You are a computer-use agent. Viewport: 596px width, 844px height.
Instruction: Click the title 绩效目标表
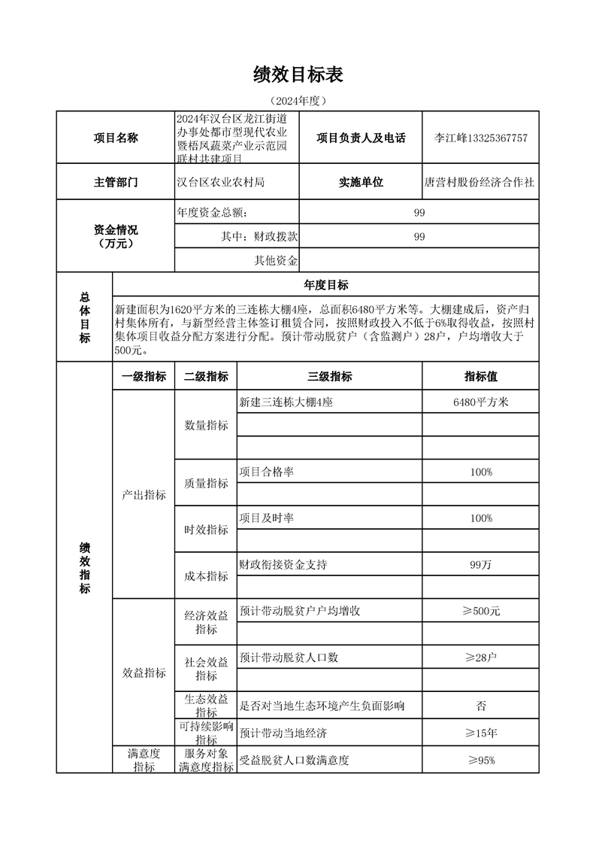pos(298,74)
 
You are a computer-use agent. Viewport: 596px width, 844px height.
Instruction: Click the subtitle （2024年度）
pos(298,101)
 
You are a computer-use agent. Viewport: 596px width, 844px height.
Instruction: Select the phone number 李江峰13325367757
pos(481,138)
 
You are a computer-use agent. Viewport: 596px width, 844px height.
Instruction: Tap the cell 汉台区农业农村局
pos(220,182)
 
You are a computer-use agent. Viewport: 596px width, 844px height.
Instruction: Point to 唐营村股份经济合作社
pos(480,182)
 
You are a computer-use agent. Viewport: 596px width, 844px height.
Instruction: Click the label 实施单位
pos(361,182)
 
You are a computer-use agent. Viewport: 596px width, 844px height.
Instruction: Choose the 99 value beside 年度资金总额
pos(419,213)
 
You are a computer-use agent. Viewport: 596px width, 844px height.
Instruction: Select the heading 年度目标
pos(325,285)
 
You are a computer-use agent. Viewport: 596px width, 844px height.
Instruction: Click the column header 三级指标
pos(329,377)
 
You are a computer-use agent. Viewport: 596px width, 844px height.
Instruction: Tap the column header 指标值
pos(481,377)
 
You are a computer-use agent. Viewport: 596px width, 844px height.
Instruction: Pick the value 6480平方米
pos(481,402)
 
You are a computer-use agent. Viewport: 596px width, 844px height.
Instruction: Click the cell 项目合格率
pos(266,472)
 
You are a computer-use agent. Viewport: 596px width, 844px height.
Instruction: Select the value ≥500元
pos(481,611)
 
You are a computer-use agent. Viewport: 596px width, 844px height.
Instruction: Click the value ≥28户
pos(481,657)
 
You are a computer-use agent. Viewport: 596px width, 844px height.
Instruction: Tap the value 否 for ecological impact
pos(481,706)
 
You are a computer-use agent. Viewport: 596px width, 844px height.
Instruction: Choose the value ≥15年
pos(481,733)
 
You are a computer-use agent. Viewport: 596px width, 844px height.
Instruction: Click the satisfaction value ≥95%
pos(481,760)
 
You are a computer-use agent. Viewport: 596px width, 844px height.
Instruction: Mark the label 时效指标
pos(206,530)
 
